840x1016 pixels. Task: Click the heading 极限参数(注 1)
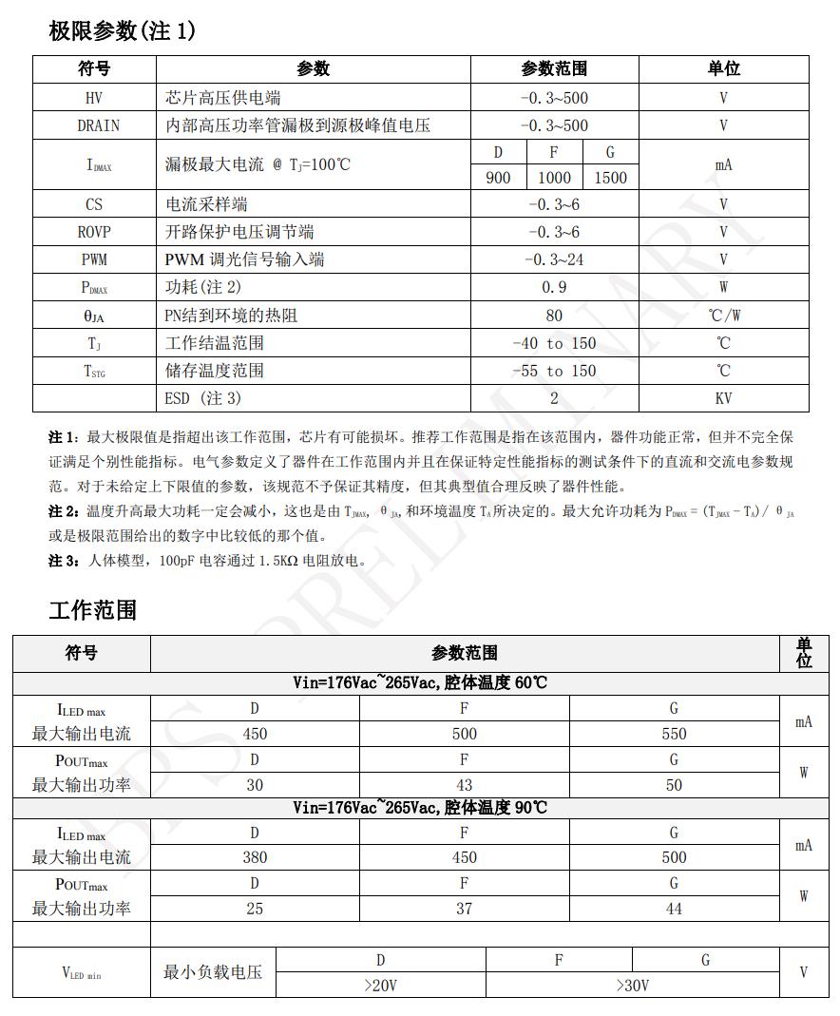click(122, 31)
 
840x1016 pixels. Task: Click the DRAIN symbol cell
click(94, 125)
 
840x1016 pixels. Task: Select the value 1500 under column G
click(610, 177)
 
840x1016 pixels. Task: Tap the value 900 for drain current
click(498, 177)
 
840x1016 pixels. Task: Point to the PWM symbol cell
click(94, 259)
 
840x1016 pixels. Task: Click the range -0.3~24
click(554, 259)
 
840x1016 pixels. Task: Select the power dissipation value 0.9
click(554, 287)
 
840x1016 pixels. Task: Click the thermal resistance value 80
click(554, 316)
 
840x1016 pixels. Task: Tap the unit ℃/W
click(723, 316)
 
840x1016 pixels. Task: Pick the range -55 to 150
click(554, 371)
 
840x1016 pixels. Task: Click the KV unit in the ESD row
click(723, 398)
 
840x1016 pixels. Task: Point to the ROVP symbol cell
click(94, 232)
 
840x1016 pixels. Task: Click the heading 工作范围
click(92, 609)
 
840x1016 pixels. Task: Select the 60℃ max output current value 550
click(674, 734)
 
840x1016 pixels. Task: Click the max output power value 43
click(464, 785)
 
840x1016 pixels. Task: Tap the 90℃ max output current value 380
click(255, 857)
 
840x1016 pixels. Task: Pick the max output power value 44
click(674, 909)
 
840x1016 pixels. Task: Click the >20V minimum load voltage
click(380, 986)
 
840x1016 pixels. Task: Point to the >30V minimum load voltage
click(632, 986)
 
